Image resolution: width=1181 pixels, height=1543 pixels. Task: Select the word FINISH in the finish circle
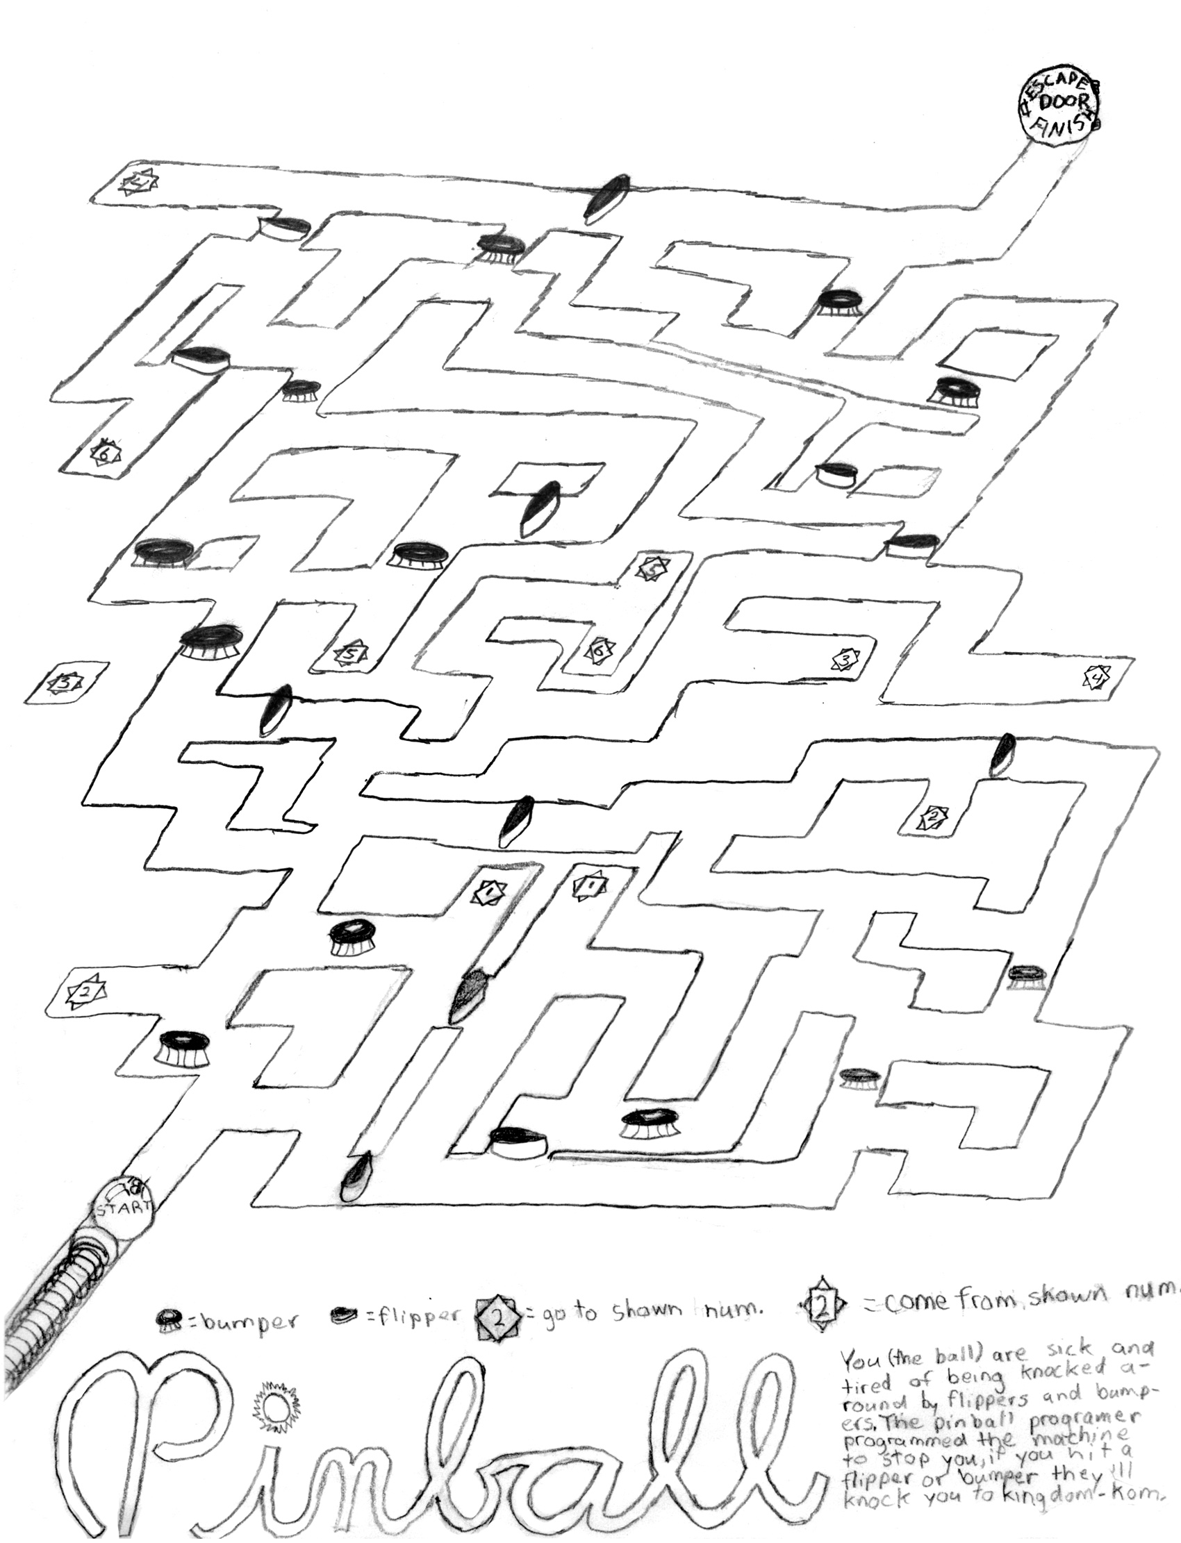pyautogui.click(x=1063, y=123)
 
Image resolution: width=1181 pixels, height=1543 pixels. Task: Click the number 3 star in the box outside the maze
pyautogui.click(x=65, y=681)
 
